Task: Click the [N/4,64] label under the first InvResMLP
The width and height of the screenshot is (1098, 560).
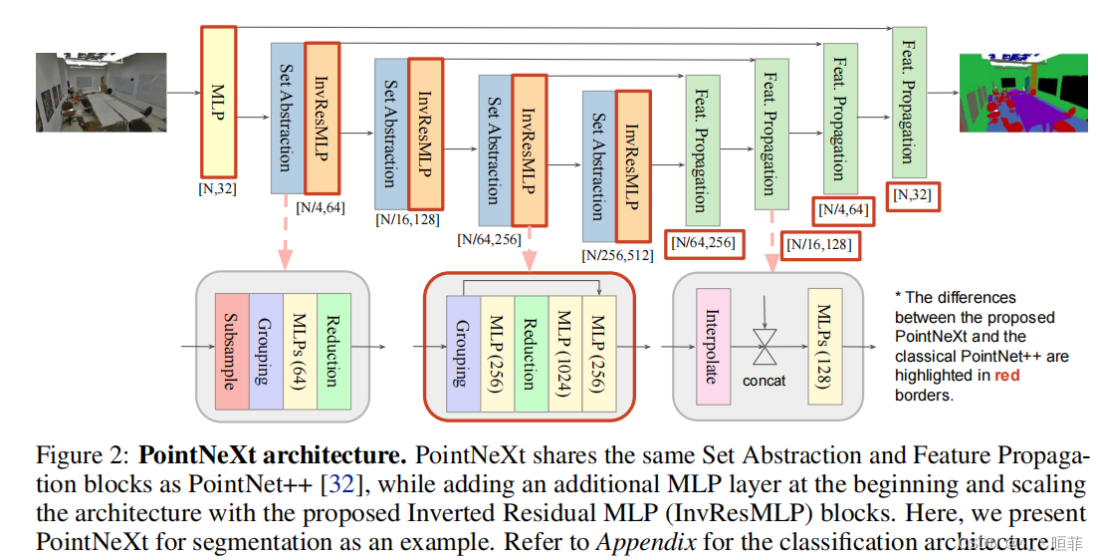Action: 321,206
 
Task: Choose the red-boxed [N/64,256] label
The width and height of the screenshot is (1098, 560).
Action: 703,241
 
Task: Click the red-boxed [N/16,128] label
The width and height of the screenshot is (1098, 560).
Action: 818,244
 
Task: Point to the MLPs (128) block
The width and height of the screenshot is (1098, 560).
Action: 825,346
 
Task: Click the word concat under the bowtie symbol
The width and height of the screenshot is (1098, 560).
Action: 764,381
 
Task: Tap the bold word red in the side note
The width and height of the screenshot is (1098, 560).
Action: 1007,376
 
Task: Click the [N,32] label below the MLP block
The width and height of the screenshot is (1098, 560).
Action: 217,186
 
